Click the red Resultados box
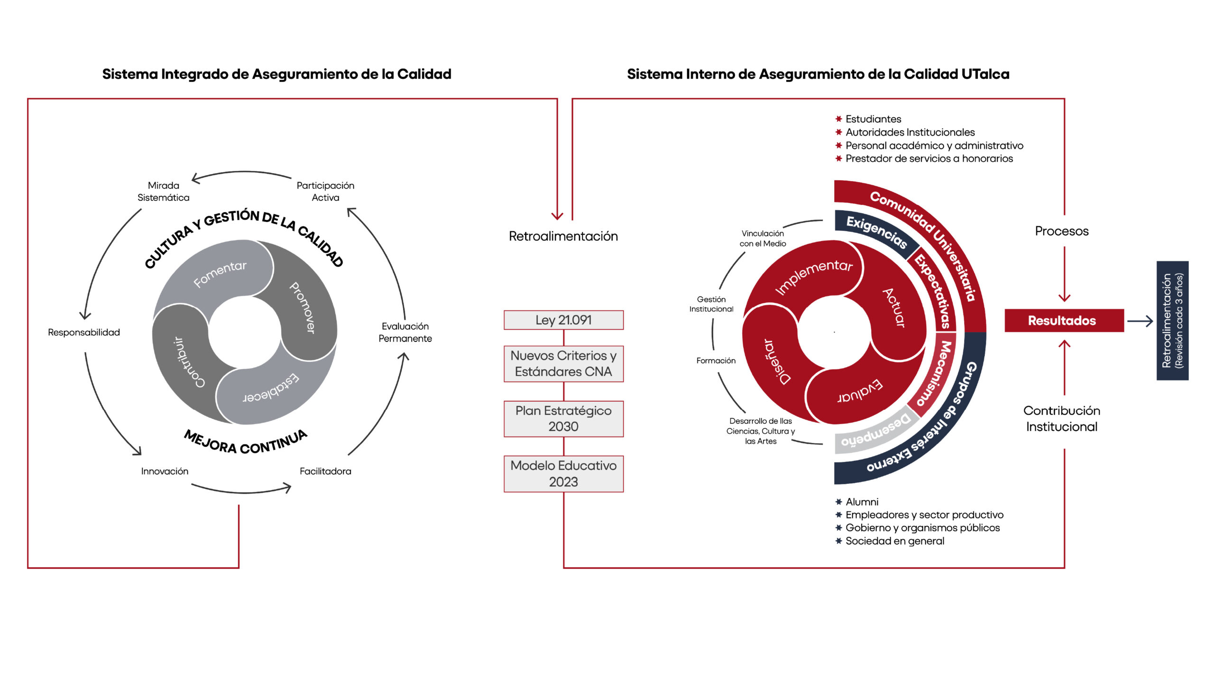click(x=1064, y=321)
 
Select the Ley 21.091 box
click(x=563, y=320)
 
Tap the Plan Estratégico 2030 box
click(x=563, y=418)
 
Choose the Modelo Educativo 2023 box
click(x=563, y=473)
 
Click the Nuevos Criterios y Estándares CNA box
click(x=563, y=363)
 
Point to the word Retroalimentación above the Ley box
click(x=563, y=236)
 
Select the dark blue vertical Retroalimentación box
click(x=1172, y=321)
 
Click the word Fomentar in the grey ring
click(x=220, y=274)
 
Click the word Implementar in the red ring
click(x=814, y=276)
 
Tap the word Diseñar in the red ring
click(x=777, y=361)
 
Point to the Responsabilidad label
click(x=84, y=332)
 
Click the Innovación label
click(x=165, y=471)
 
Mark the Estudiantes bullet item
click(x=873, y=119)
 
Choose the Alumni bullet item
click(x=862, y=502)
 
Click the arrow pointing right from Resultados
click(x=1140, y=321)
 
